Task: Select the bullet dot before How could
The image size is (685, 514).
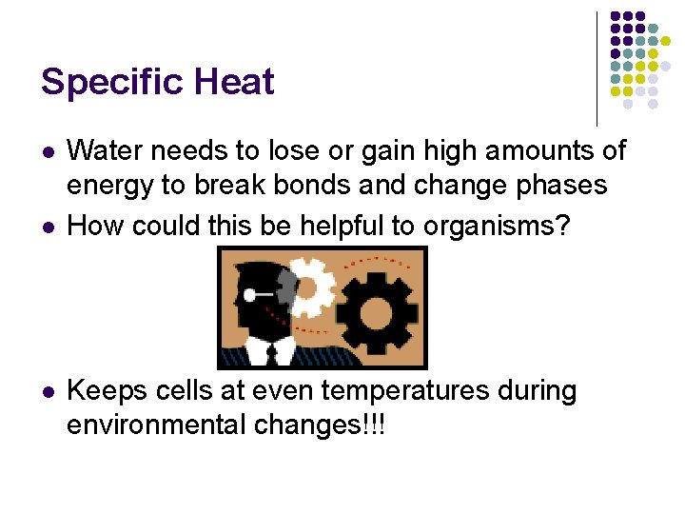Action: pyautogui.click(x=47, y=227)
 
